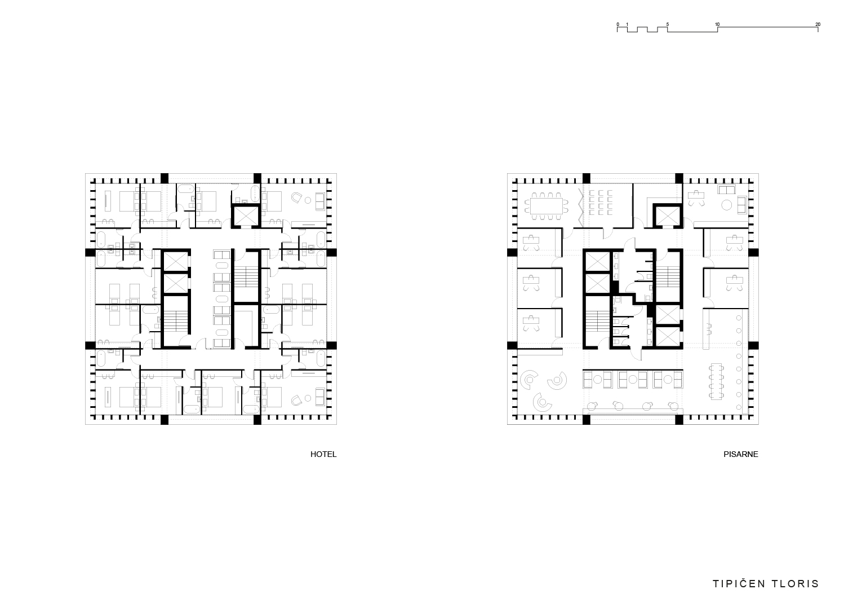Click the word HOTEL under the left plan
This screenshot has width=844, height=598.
pyautogui.click(x=323, y=454)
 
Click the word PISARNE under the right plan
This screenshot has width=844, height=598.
pyautogui.click(x=741, y=454)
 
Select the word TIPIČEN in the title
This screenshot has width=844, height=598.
pyautogui.click(x=739, y=584)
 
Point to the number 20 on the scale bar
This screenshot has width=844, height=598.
pyautogui.click(x=818, y=24)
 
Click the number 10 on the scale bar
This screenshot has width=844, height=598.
pyautogui.click(x=717, y=24)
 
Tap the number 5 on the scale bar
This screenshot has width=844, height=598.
pyautogui.click(x=668, y=24)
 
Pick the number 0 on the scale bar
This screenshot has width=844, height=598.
pyautogui.click(x=618, y=24)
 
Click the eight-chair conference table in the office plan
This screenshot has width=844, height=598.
pyautogui.click(x=546, y=206)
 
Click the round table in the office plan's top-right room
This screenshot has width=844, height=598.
pyautogui.click(x=726, y=205)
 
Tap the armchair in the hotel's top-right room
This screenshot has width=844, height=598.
pyautogui.click(x=296, y=198)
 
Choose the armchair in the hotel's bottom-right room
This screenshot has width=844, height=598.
pyautogui.click(x=296, y=399)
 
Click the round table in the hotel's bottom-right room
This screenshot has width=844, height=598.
pyautogui.click(x=308, y=398)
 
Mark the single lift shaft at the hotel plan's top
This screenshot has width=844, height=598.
pyautogui.click(x=246, y=216)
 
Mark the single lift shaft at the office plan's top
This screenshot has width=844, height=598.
pyautogui.click(x=668, y=216)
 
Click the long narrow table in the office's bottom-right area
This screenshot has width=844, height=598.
pyautogui.click(x=716, y=381)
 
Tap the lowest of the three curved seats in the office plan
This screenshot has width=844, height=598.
pyautogui.click(x=543, y=403)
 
